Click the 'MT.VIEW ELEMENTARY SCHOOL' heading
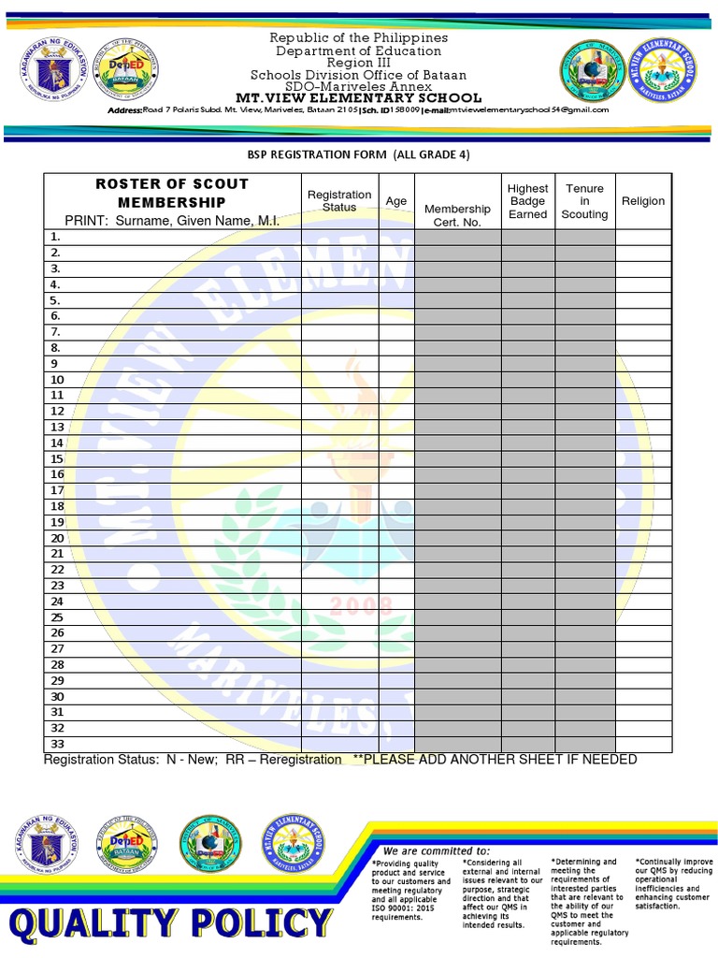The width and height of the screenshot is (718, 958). click(358, 98)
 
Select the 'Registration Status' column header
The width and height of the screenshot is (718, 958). click(339, 201)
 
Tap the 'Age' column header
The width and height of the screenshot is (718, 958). click(396, 201)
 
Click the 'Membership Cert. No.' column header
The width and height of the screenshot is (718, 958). click(457, 215)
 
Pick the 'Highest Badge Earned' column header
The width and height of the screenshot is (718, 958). click(527, 201)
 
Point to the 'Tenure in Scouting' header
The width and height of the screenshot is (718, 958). click(584, 201)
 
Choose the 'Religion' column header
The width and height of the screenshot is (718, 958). click(643, 201)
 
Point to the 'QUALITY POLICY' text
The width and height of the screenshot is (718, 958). click(171, 925)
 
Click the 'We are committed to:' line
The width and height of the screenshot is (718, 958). click(442, 850)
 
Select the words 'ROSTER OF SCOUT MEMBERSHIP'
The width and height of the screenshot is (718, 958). click(172, 193)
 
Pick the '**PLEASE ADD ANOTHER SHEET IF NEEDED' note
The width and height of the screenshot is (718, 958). click(495, 759)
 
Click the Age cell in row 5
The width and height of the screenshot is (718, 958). click(396, 300)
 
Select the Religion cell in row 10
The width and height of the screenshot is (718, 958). click(643, 380)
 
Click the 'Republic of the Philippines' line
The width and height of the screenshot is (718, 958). click(358, 37)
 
